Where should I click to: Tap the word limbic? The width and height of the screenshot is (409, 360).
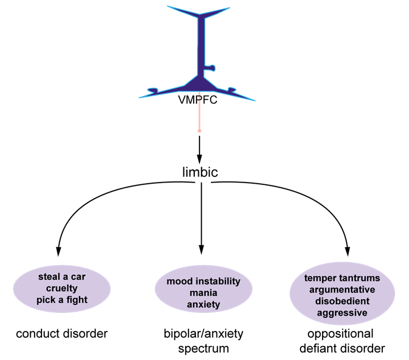tap(199, 172)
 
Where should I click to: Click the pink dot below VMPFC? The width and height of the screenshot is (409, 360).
tap(199, 131)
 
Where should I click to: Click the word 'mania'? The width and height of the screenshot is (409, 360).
tap(203, 293)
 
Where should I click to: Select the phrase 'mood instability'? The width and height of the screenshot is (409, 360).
tap(203, 282)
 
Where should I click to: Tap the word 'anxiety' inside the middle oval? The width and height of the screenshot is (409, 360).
tap(203, 304)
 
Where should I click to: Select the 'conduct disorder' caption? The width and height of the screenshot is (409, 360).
tap(61, 333)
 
